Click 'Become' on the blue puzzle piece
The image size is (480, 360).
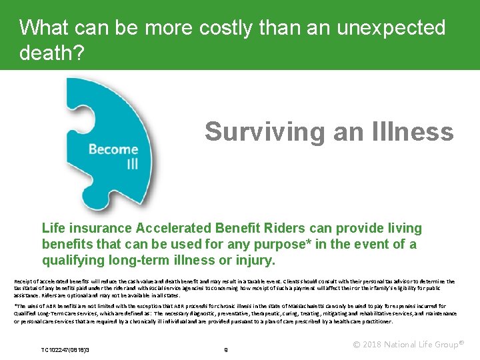113,149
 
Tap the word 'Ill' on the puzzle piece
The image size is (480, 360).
132,163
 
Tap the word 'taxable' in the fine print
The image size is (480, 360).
243,282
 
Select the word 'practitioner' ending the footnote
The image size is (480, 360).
374,321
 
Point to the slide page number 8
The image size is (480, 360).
226,349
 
